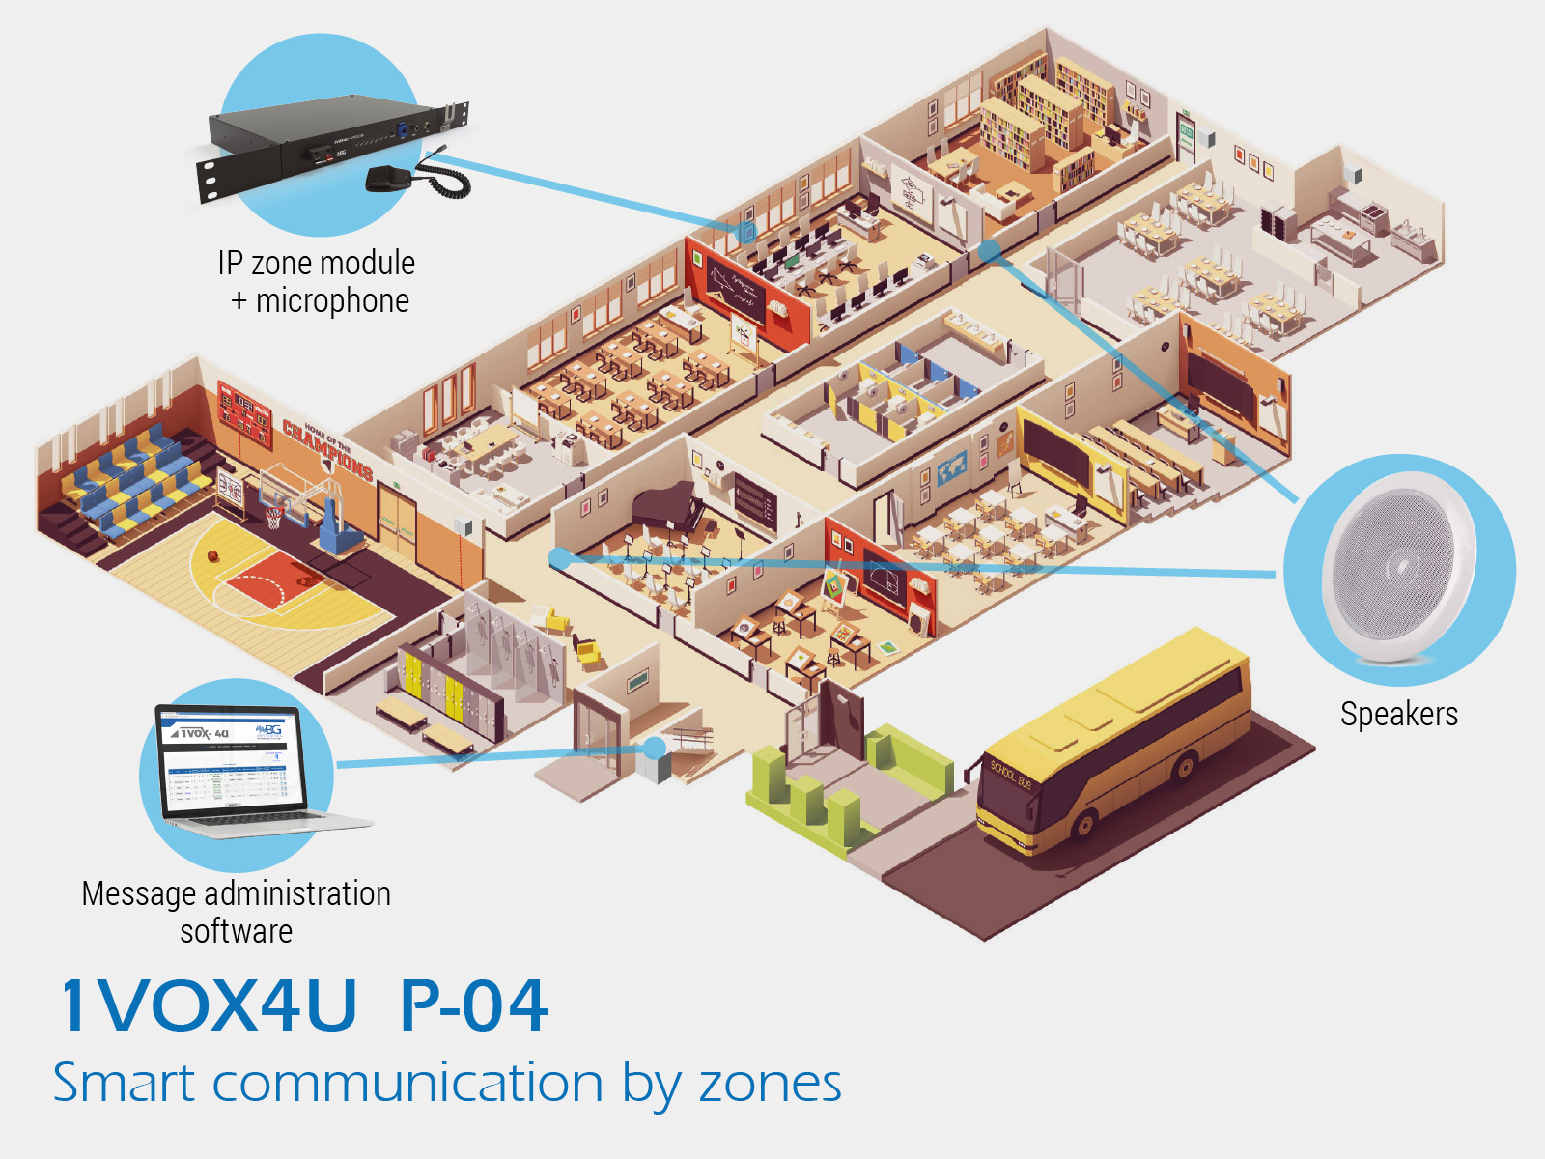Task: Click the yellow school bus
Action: point(1110,744)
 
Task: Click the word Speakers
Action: point(1398,714)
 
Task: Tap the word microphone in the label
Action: point(332,300)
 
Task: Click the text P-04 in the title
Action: point(473,1005)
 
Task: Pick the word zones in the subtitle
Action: point(770,1083)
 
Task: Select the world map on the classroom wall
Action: point(951,468)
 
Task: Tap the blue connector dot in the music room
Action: point(559,557)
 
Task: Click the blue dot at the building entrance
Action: point(655,748)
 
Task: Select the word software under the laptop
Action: point(236,931)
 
